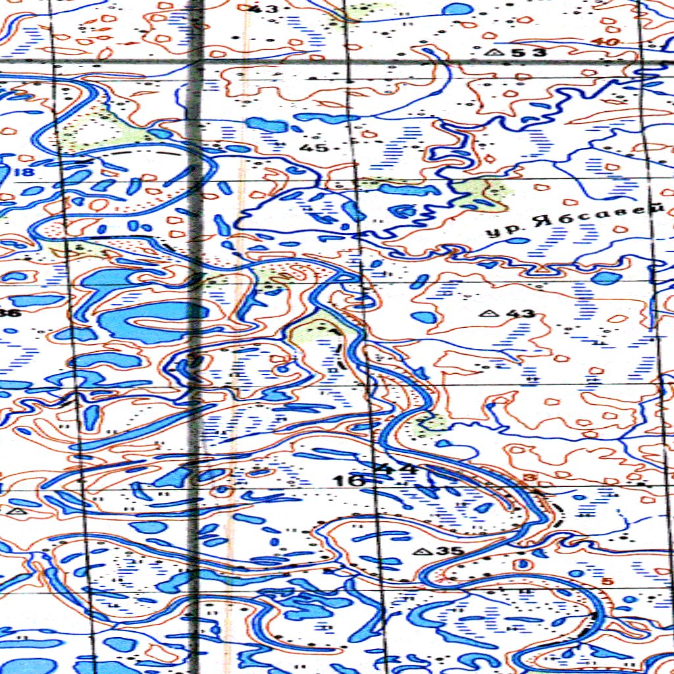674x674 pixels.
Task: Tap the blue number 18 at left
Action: (26, 172)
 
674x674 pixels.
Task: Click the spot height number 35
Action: (453, 551)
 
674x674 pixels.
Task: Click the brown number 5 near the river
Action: (607, 581)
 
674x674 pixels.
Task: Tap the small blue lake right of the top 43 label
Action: (457, 9)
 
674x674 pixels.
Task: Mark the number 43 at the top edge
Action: (268, 9)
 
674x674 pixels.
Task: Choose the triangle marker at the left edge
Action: (18, 510)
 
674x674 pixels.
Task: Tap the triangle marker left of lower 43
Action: (489, 313)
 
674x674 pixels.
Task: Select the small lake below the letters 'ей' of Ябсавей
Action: (606, 277)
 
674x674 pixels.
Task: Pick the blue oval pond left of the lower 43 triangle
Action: (425, 317)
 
